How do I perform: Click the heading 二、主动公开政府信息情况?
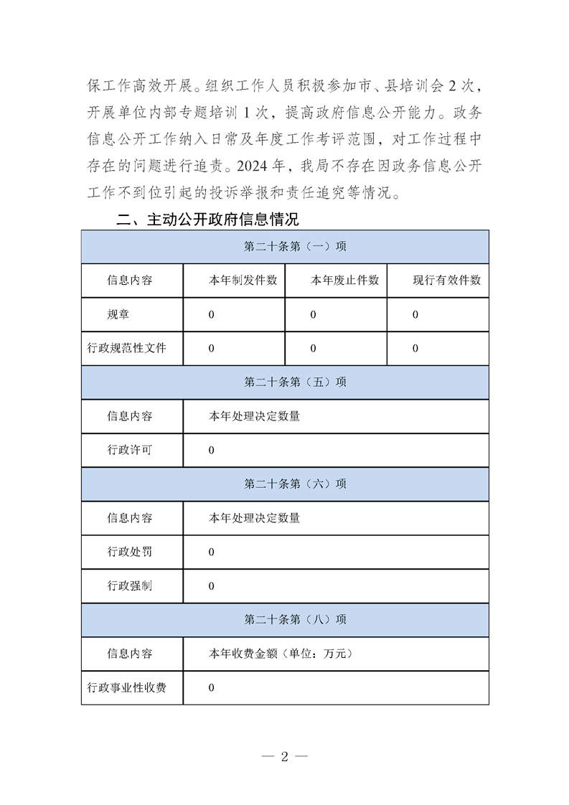coord(207,219)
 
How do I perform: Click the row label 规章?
coord(118,314)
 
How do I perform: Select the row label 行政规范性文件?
coord(127,348)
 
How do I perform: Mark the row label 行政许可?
coord(130,451)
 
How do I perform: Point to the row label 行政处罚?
coord(130,552)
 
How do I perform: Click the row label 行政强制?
coord(130,585)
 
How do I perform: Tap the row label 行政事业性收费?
coord(127,687)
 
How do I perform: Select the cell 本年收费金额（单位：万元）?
coord(280,654)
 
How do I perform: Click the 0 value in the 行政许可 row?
coord(212,451)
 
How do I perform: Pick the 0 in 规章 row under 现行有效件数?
coord(415,314)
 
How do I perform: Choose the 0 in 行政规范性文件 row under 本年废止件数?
coord(314,348)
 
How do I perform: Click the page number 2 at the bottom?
coord(284,756)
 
